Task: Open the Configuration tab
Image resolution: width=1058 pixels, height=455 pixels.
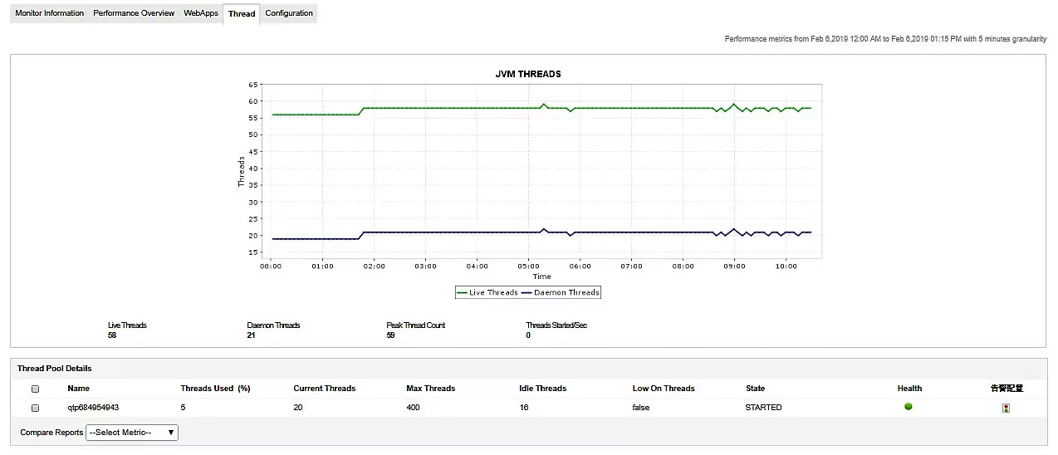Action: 289,13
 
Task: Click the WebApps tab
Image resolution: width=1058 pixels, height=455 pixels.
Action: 200,13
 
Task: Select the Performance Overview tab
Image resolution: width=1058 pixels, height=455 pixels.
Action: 134,13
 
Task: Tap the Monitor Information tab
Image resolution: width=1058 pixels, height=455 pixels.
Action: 50,13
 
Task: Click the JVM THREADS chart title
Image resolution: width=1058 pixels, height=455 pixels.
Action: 528,74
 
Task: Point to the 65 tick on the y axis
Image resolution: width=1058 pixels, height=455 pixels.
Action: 252,85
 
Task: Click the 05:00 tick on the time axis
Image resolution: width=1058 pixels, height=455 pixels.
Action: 528,267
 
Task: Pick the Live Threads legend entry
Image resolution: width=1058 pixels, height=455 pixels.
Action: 487,292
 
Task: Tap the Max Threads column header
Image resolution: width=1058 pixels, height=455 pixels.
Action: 430,389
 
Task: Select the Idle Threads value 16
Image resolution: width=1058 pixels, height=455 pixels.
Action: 524,408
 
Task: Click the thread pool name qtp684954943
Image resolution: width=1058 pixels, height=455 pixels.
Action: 93,408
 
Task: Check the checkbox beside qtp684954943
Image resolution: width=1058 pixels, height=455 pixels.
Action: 35,409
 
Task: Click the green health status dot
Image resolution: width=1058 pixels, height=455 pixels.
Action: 909,407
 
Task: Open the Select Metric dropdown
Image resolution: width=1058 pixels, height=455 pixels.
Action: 132,433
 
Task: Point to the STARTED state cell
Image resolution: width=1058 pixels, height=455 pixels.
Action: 763,408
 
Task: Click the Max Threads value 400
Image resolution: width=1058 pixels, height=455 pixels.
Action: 414,408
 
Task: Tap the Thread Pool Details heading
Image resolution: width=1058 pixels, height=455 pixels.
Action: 55,368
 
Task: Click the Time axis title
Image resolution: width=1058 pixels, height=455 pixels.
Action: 541,276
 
